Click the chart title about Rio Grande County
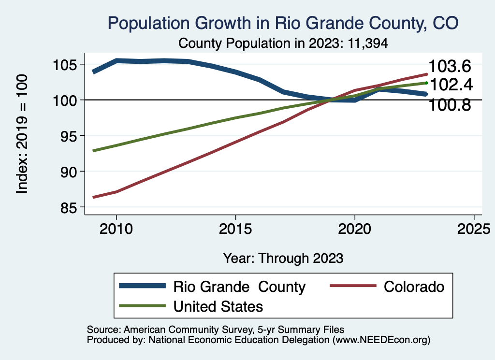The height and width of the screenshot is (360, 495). tap(283, 23)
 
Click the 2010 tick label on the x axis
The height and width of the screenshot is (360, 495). tap(116, 228)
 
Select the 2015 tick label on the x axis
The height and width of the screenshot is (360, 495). tap(235, 228)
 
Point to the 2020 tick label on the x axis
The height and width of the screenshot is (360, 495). tap(355, 228)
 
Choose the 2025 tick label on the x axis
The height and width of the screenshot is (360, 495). tap(474, 228)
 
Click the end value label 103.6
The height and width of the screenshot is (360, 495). tap(450, 67)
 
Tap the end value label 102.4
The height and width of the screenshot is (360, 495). tap(451, 85)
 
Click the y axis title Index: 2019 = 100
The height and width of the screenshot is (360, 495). tap(22, 134)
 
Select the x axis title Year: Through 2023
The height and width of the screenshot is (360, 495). tap(283, 258)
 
